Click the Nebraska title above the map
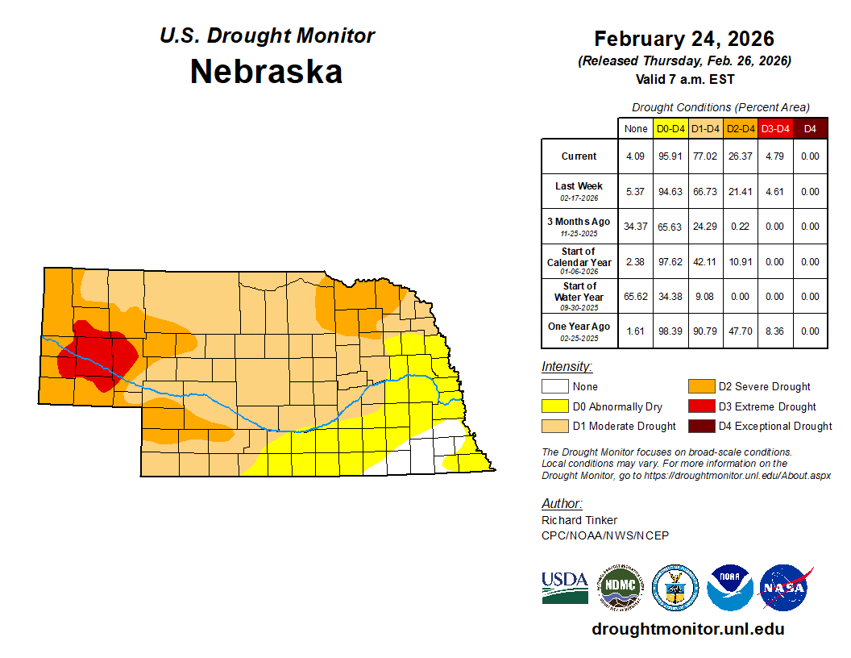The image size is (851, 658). point(266,72)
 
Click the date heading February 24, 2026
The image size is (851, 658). point(684,39)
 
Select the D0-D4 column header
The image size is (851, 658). point(670,128)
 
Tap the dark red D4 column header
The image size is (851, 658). point(810,128)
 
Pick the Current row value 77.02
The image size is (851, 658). point(706,156)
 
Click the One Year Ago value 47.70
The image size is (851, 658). point(741,331)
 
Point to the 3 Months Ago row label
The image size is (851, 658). point(579,226)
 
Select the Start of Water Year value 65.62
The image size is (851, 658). point(636,297)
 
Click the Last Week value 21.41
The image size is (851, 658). point(741,192)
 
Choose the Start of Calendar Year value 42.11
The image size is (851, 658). point(706,262)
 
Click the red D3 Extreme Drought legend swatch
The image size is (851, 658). point(700,406)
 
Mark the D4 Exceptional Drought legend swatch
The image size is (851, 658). point(700,426)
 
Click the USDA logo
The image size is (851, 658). point(565,587)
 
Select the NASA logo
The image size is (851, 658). point(786,587)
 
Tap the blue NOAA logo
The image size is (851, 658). point(730,587)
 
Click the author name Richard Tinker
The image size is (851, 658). point(579,520)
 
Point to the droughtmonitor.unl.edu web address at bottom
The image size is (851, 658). point(687,629)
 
